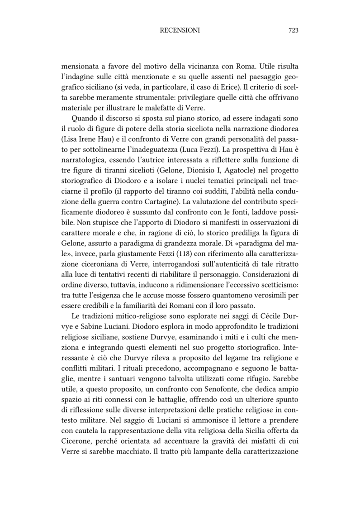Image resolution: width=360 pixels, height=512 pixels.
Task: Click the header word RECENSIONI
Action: pyautogui.click(x=180, y=30)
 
